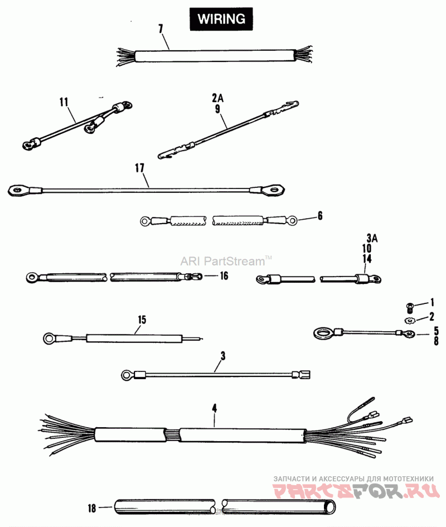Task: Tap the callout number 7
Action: [161, 28]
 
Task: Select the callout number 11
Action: [64, 101]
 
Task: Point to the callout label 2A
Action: [217, 96]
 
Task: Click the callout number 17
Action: [140, 167]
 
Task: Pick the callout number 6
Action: [320, 215]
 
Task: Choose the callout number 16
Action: [224, 275]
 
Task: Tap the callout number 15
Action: [142, 320]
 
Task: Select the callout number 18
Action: [92, 508]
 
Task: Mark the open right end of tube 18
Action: [331, 507]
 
